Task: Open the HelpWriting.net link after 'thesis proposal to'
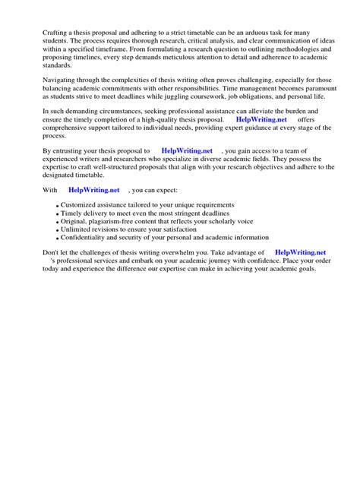188,151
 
